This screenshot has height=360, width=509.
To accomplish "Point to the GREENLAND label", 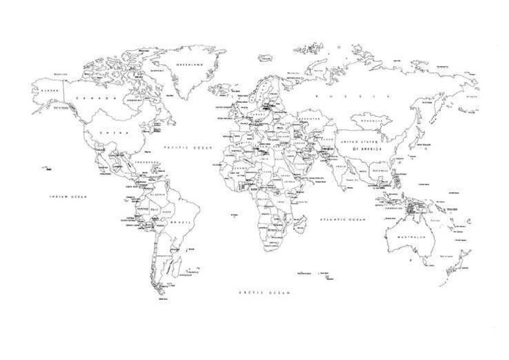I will [189, 65].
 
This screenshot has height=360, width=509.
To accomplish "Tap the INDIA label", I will [340, 167].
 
